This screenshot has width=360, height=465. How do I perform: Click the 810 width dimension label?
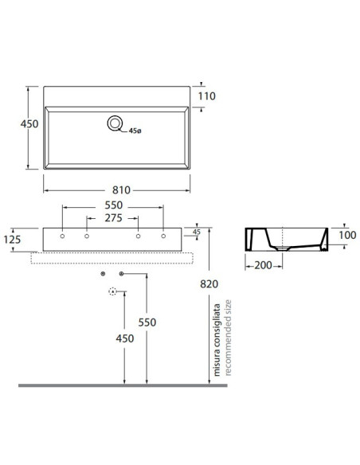(121, 190)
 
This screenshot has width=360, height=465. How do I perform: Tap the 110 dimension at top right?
(207, 96)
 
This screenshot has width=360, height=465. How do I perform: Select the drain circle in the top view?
(115, 123)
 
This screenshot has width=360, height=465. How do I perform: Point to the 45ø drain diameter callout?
(135, 131)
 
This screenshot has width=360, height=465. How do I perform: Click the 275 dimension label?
(114, 218)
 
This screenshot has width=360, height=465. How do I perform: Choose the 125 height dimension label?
(12, 240)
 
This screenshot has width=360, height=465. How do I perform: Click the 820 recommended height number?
(209, 283)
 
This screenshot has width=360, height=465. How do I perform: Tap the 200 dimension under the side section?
(263, 265)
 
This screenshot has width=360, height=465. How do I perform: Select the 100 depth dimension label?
(347, 235)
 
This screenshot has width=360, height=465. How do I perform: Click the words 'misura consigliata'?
(217, 340)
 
